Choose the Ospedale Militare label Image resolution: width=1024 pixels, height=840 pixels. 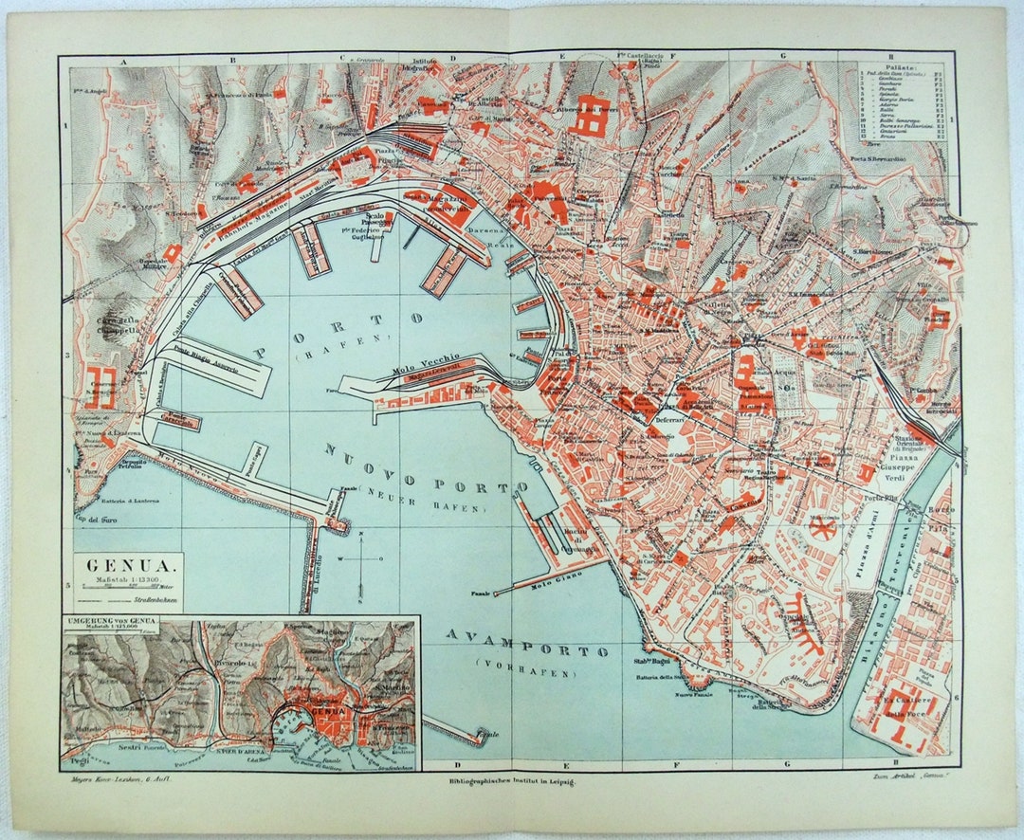(155, 263)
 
